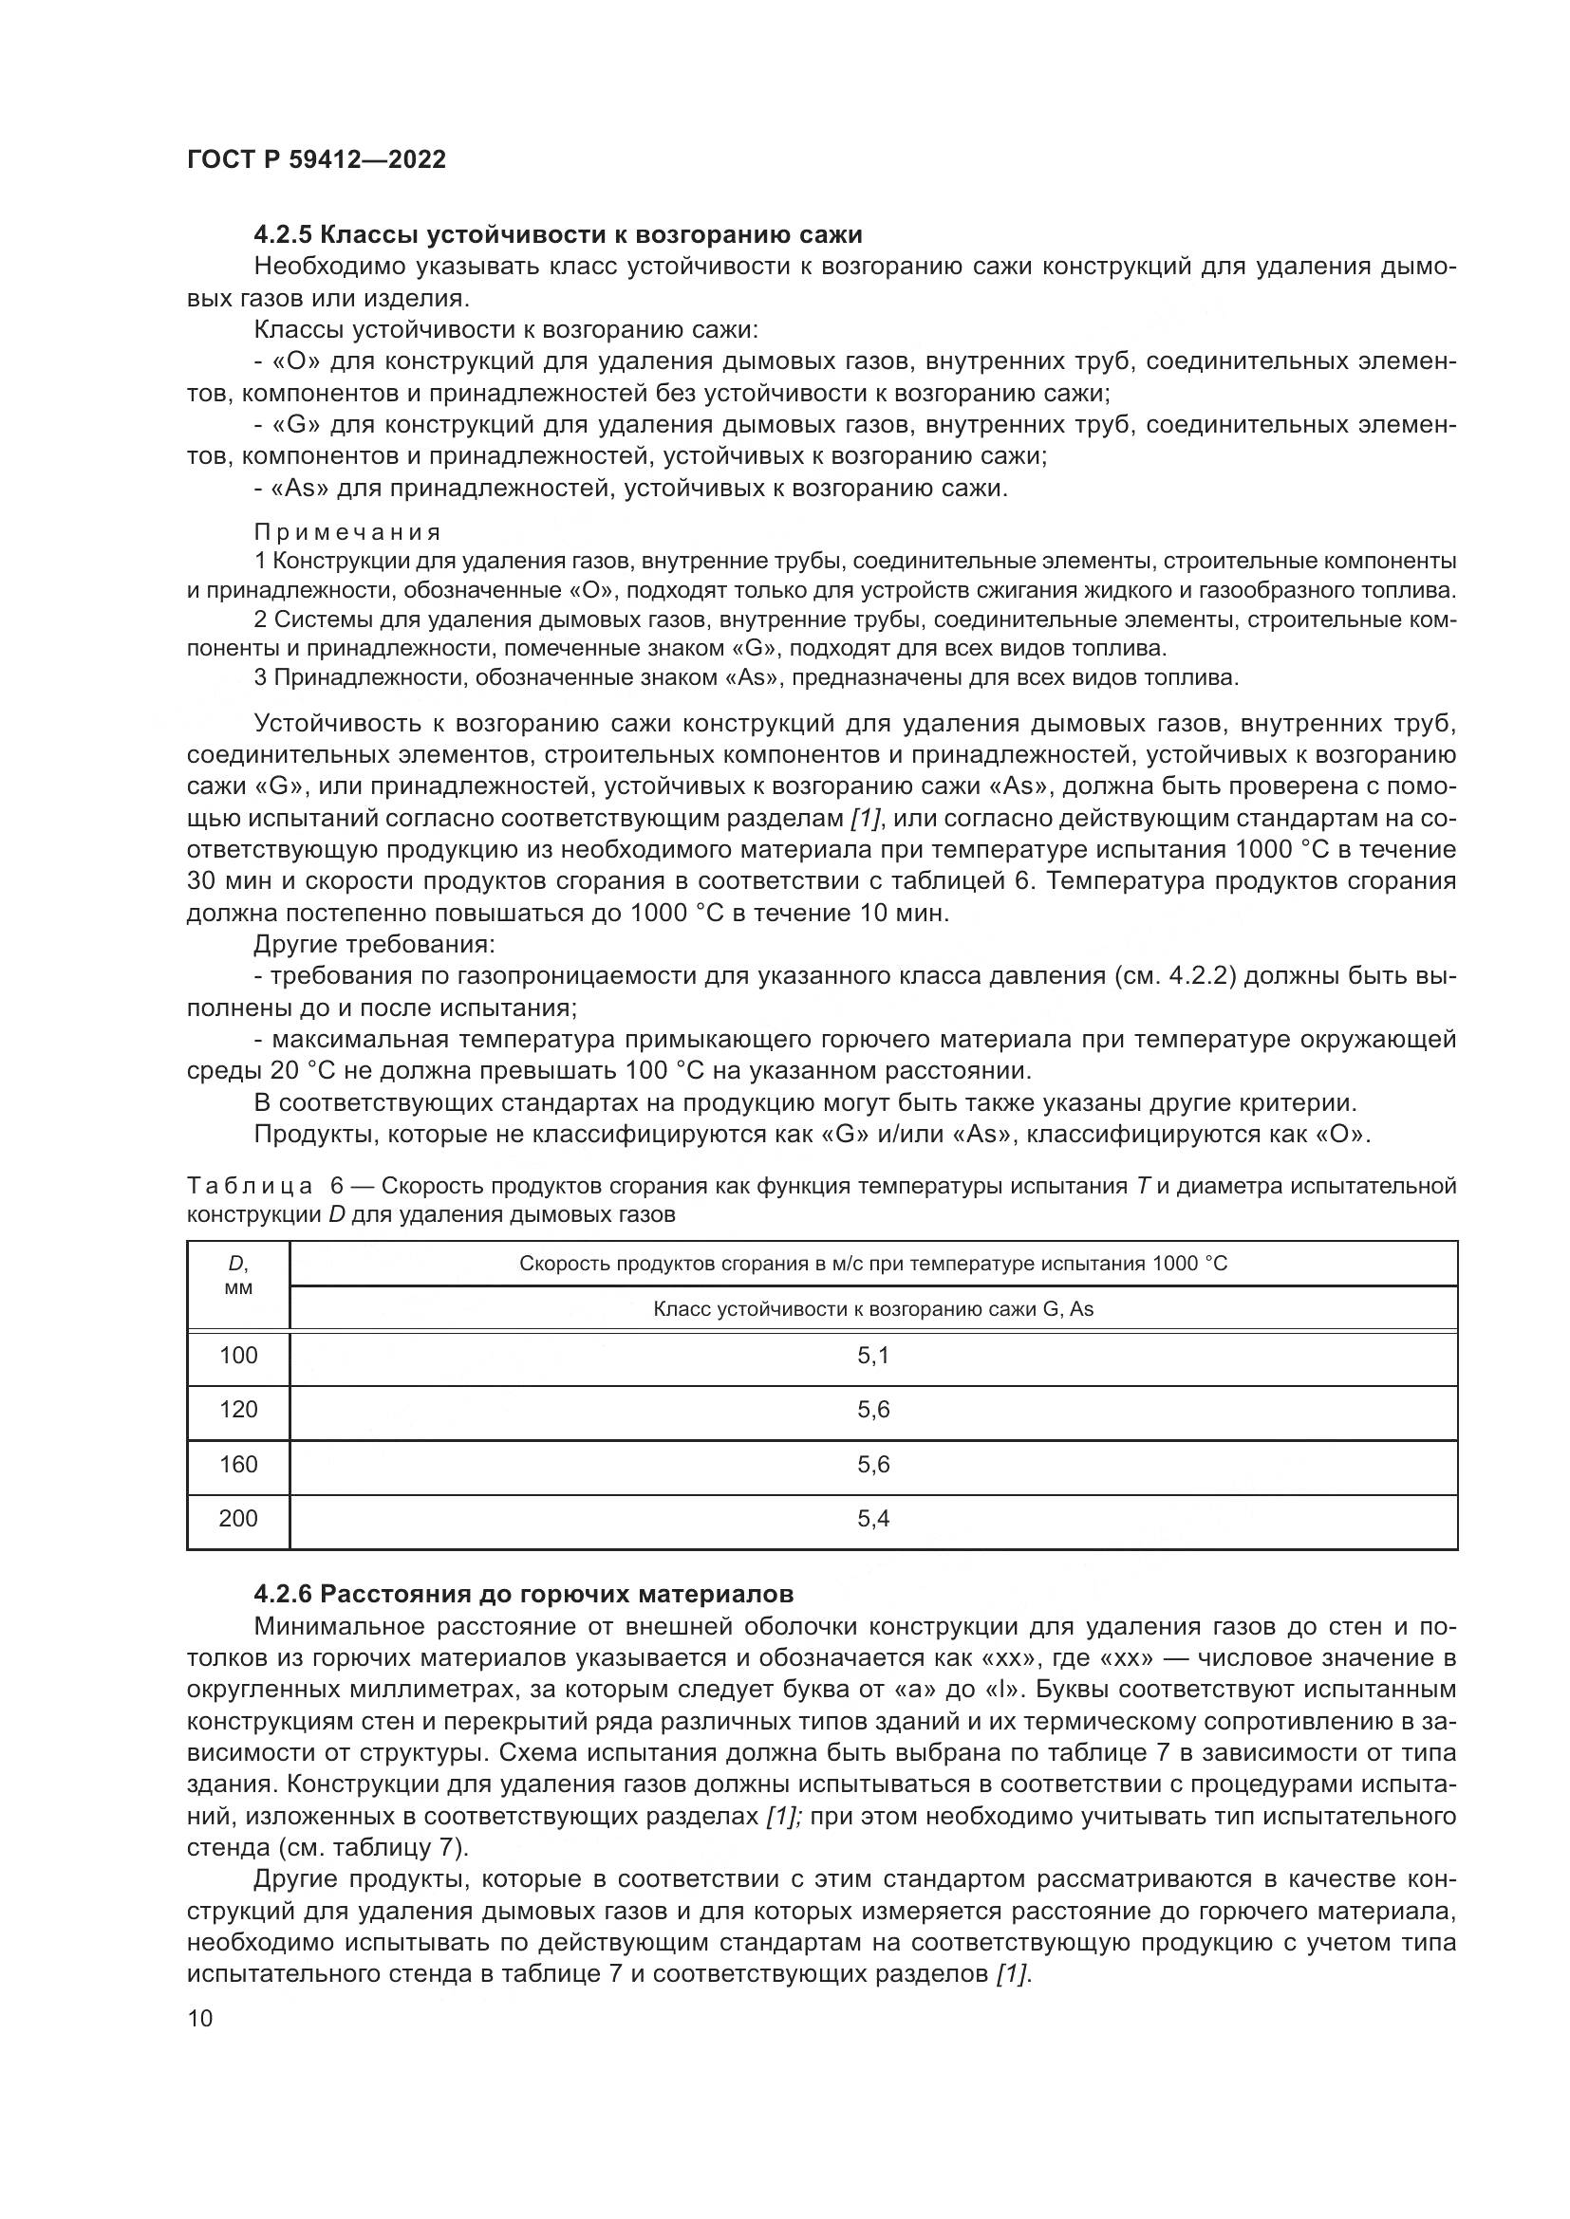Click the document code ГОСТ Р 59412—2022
tap(316, 159)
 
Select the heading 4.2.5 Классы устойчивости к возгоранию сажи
tap(558, 234)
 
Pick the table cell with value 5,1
tap(872, 1355)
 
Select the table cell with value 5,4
tap(872, 1518)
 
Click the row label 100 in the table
tap(238, 1355)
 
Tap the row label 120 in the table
tap(238, 1409)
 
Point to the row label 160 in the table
tap(238, 1464)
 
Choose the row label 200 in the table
tap(238, 1518)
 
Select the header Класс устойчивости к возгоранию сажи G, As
tap(872, 1309)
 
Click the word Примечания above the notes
tap(347, 532)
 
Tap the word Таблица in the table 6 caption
tap(250, 1186)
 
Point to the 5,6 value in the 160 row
tap(872, 1464)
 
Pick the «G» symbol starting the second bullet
tap(296, 424)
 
